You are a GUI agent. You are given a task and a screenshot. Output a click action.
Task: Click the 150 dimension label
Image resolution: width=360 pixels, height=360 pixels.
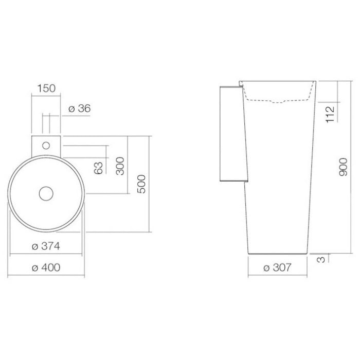(45, 88)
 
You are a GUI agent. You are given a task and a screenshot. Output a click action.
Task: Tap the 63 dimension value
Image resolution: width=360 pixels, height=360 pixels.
(99, 168)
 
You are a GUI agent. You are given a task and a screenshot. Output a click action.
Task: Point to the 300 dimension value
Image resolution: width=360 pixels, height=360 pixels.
(120, 166)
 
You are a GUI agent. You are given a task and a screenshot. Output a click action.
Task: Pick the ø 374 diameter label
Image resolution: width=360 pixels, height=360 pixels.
(46, 246)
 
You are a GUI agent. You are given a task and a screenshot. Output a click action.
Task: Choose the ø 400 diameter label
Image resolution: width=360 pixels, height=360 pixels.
(46, 268)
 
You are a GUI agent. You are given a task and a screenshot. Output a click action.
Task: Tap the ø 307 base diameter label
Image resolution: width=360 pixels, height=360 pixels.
(277, 268)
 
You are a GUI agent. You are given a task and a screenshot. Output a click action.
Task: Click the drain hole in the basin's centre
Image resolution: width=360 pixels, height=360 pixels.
(46, 193)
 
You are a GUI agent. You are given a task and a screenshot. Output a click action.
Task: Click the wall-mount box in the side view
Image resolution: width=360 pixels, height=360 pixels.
(230, 134)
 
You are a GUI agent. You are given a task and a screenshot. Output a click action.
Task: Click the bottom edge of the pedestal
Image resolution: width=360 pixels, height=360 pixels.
(278, 254)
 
